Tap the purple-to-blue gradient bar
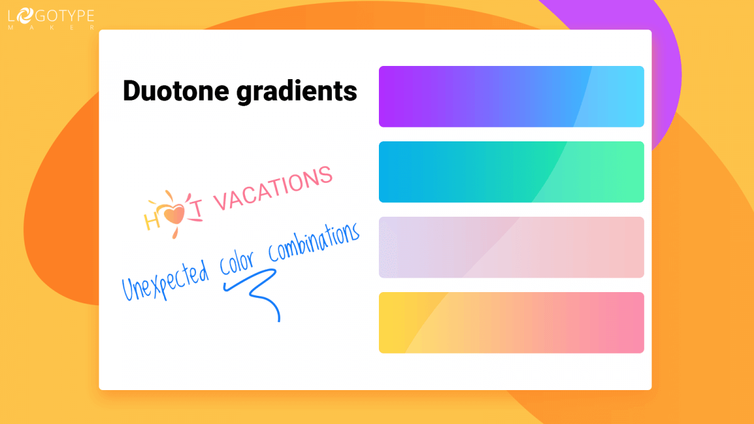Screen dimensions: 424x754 point(511,96)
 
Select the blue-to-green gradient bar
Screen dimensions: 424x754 point(511,171)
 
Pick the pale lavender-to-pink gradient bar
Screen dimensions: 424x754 point(511,247)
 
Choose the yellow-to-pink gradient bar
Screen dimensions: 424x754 point(511,322)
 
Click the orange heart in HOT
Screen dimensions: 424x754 point(175,214)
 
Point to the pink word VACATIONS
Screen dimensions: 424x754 point(273,188)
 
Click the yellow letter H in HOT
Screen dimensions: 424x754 point(153,220)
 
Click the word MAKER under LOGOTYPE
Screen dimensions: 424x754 point(51,28)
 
